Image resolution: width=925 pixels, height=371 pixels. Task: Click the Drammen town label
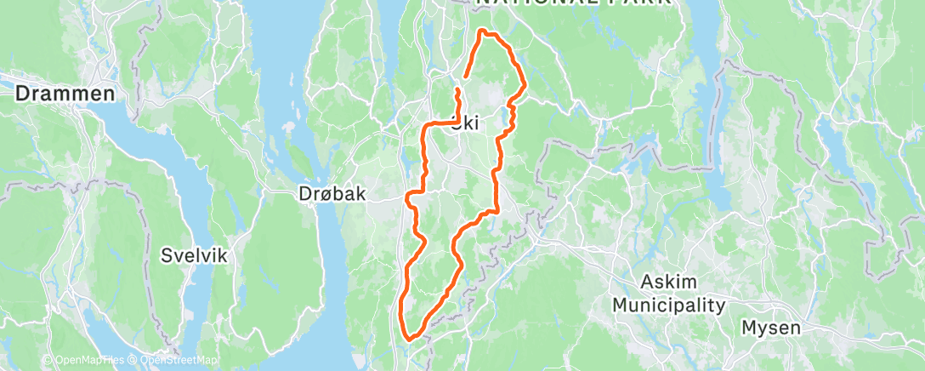click(65, 94)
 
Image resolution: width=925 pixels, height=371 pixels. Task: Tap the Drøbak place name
click(332, 194)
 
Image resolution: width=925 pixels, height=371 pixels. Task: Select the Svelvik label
click(195, 254)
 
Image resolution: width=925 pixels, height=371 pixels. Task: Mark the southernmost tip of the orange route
click(409, 339)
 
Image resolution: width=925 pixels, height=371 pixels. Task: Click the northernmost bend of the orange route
click(483, 31)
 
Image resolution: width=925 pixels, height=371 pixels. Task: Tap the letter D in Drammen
click(22, 94)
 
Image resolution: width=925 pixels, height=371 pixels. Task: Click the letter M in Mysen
click(749, 327)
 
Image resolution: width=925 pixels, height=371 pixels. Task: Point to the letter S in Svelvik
click(167, 254)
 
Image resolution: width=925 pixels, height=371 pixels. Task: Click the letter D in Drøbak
click(305, 194)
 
